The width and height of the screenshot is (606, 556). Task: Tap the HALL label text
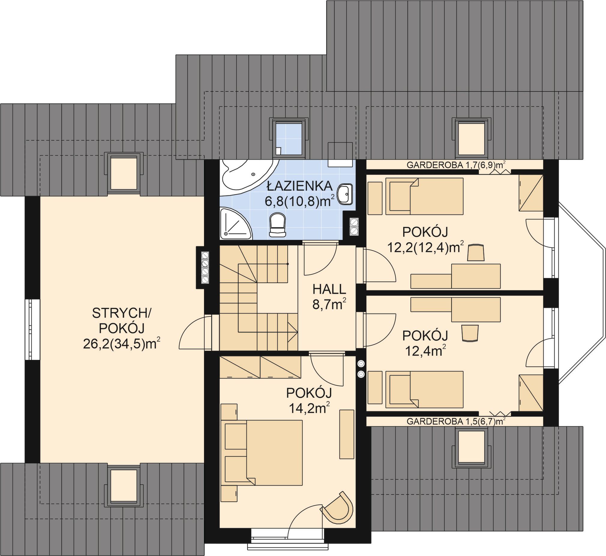pyautogui.click(x=329, y=289)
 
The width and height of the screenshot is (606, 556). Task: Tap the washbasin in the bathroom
pyautogui.click(x=345, y=194)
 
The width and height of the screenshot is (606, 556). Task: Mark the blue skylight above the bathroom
pyautogui.click(x=290, y=137)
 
